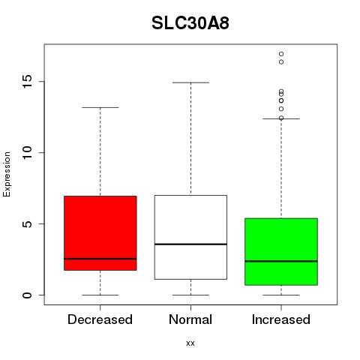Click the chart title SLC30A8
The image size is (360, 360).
click(190, 23)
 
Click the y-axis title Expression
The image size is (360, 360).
click(7, 174)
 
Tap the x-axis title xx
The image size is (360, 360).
click(190, 343)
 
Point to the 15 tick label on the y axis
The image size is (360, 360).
click(28, 82)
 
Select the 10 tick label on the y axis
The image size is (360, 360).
click(28, 152)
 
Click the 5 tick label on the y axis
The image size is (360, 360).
click(28, 223)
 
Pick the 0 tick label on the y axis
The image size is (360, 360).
click(28, 295)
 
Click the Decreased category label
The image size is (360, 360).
click(100, 319)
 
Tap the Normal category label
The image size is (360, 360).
click(190, 319)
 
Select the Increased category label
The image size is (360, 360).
click(281, 319)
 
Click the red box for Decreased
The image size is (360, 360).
click(100, 233)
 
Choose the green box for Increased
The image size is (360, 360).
click(281, 251)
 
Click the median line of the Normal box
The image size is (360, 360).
click(190, 244)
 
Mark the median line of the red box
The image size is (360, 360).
click(100, 259)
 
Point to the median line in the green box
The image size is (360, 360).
click(281, 261)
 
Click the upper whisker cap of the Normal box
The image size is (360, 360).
click(190, 82)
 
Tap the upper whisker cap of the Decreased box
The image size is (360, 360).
click(100, 107)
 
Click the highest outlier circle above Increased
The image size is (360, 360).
click(281, 54)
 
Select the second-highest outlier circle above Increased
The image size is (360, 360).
click(281, 62)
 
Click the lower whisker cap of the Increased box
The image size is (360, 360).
click(281, 295)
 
